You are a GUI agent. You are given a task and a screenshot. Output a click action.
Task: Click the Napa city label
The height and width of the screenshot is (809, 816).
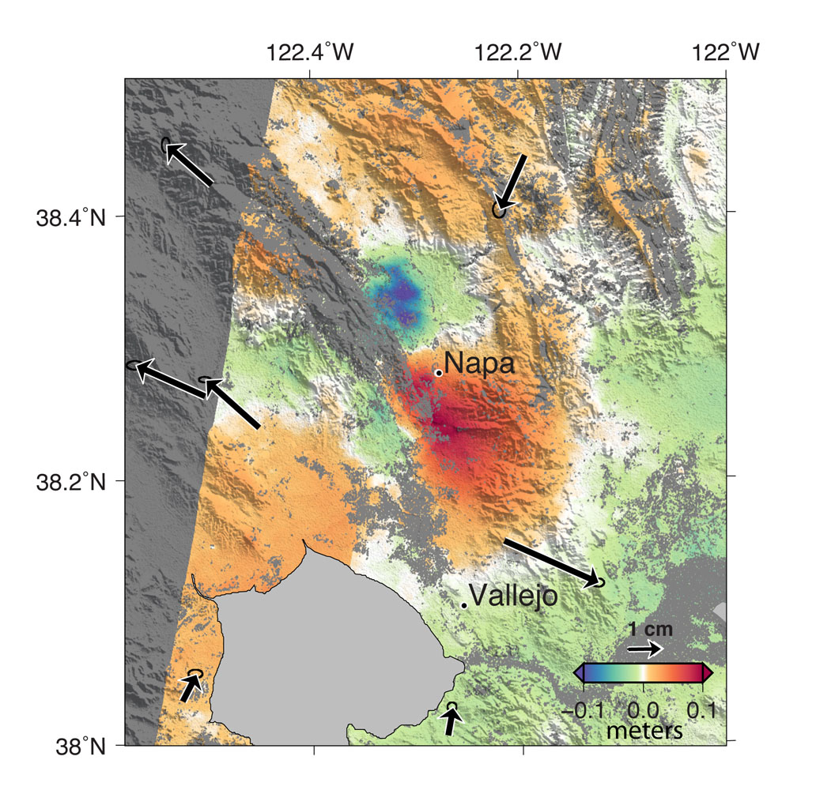tap(479, 363)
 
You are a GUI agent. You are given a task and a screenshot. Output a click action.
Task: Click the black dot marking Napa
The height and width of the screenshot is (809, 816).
tap(439, 372)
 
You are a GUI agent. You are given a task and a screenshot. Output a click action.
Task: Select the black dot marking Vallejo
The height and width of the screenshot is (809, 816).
tap(464, 605)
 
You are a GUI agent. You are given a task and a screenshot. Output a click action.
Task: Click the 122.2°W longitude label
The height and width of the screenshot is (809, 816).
tap(518, 53)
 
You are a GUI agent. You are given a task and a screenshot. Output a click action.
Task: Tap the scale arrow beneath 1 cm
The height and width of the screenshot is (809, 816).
tap(645, 649)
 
